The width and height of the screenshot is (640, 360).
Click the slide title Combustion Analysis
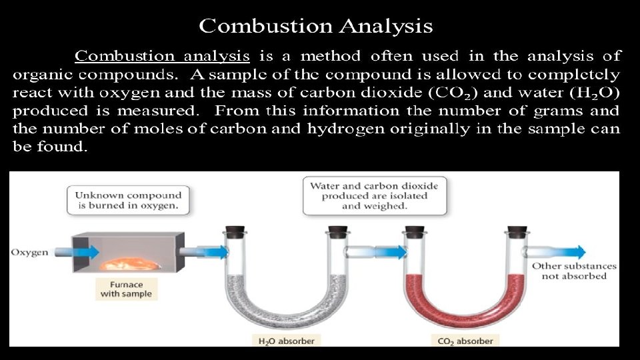click(x=316, y=27)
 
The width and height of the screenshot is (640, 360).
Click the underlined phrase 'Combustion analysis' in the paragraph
click(x=162, y=56)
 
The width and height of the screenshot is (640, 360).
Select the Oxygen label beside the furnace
click(x=30, y=253)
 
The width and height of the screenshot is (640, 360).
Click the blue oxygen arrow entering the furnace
click(x=83, y=252)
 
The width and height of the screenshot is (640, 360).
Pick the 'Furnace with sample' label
click(x=126, y=289)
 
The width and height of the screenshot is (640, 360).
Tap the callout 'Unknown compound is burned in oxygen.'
click(x=128, y=200)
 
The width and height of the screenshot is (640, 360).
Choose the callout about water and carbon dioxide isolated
click(x=374, y=195)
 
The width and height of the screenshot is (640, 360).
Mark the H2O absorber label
click(x=286, y=341)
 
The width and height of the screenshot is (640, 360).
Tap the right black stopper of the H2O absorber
click(x=339, y=231)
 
